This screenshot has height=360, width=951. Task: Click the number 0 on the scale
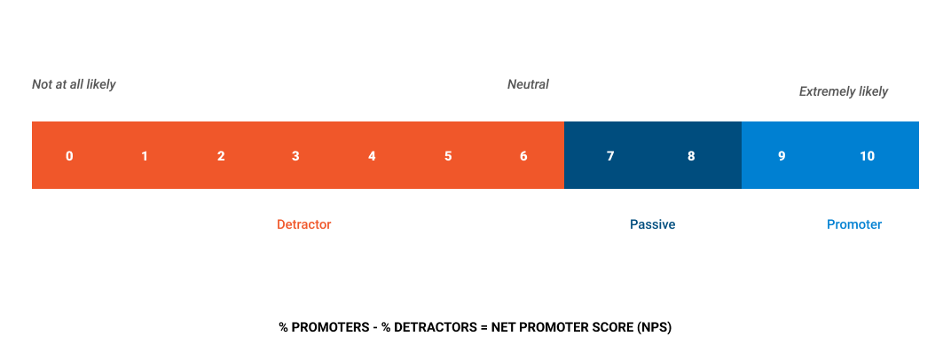coord(70,156)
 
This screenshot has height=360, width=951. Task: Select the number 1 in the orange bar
coord(145,156)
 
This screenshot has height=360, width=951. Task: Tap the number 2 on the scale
coord(221,156)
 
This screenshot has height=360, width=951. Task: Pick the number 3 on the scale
coord(295,156)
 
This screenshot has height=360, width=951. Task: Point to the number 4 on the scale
coord(372,156)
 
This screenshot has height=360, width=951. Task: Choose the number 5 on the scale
coord(448,156)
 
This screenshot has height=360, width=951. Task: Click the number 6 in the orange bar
coord(523,156)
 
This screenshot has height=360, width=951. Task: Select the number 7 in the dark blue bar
coord(610,156)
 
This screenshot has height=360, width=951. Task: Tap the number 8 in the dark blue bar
coord(691,156)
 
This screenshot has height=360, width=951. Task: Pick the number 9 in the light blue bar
coord(782,156)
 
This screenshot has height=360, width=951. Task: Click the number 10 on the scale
coord(868,156)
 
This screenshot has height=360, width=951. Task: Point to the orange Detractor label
coord(304,224)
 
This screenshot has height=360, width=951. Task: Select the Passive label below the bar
coord(653,224)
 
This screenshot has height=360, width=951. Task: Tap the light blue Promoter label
coord(854,224)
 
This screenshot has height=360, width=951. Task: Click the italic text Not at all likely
coord(74,84)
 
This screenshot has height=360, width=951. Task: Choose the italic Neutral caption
coord(528,84)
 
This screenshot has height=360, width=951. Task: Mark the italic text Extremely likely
coord(843,91)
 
